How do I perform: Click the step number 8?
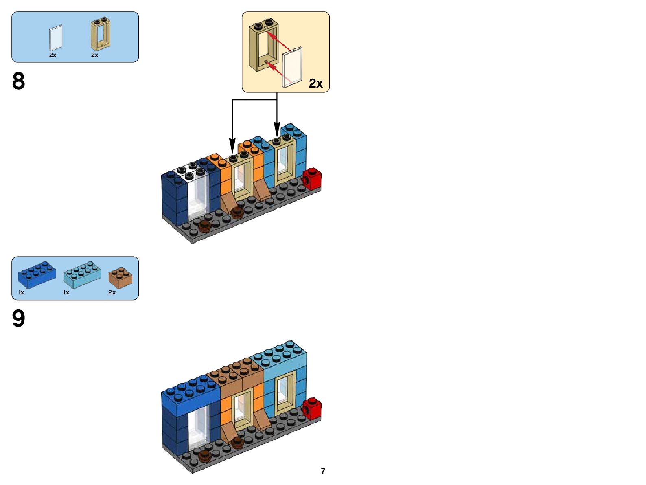click(19, 81)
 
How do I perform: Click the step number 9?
click(19, 318)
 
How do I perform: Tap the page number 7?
click(323, 471)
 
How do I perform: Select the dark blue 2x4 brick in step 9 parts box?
click(37, 274)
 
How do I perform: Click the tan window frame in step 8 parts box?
click(100, 34)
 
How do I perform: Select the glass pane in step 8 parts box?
click(56, 38)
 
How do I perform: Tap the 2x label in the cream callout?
click(316, 83)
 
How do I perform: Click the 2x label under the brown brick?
click(112, 292)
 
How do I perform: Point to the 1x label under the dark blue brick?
click(21, 292)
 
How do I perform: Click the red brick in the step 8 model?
click(312, 179)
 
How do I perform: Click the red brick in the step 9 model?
click(312, 408)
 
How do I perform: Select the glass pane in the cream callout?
click(293, 67)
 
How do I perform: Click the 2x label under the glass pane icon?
click(53, 55)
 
